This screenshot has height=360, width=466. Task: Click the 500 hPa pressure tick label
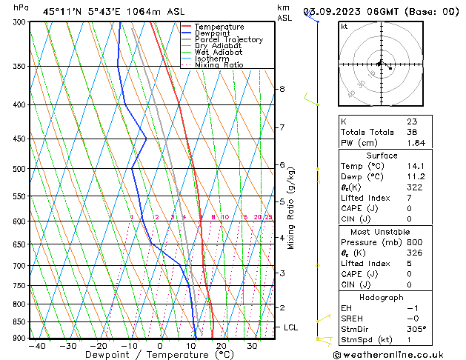[x=19, y=169]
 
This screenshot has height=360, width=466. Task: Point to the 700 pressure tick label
[x=19, y=266]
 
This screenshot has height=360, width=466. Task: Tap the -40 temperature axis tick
[x=36, y=346]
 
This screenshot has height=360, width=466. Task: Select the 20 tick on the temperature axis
[x=222, y=346]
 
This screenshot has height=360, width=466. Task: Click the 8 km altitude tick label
[x=282, y=89]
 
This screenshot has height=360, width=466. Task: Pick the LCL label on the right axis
[x=290, y=327]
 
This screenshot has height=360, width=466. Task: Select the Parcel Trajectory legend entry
[x=228, y=40]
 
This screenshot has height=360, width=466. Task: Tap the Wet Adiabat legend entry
[x=219, y=53]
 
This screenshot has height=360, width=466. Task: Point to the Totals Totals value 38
[x=412, y=132]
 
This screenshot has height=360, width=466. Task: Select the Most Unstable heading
[x=382, y=232]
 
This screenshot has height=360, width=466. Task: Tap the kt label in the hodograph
[x=344, y=26]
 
